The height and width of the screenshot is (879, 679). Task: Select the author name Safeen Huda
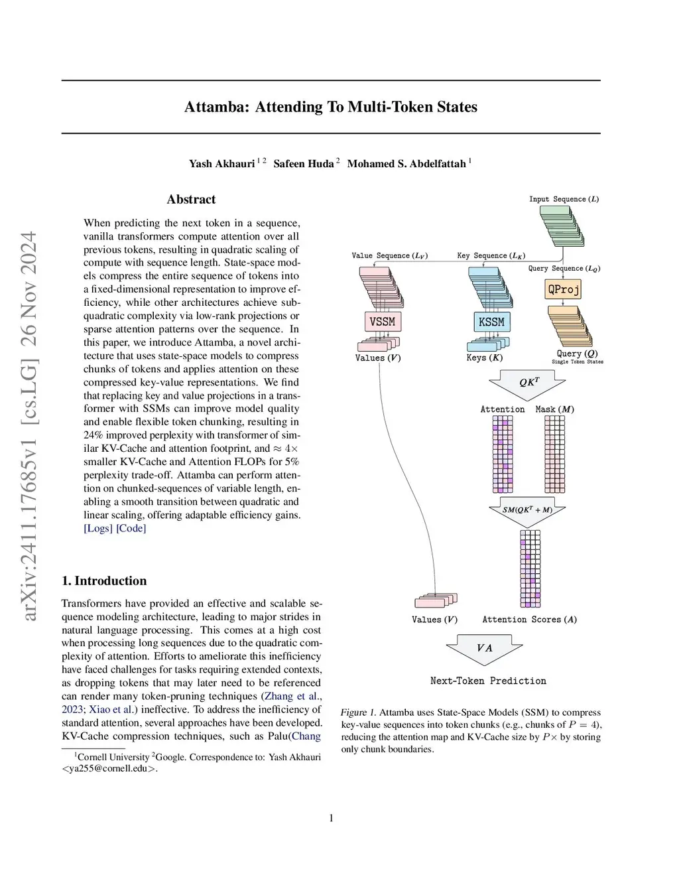[304, 163]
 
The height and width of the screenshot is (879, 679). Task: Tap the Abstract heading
[191, 199]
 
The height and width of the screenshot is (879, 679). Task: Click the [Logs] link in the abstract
[97, 528]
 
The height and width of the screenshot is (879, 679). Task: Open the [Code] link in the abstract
[131, 528]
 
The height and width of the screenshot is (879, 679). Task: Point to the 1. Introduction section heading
[104, 580]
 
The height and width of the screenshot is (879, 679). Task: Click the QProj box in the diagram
[563, 289]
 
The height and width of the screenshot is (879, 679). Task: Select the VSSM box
[382, 322]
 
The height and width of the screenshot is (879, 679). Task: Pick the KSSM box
[491, 322]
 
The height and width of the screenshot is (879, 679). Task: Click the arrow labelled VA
[485, 648]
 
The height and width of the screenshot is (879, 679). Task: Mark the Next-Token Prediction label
[488, 681]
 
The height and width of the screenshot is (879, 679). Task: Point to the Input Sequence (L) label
[564, 199]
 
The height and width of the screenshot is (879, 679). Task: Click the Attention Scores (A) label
[529, 620]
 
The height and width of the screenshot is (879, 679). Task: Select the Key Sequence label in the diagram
[491, 255]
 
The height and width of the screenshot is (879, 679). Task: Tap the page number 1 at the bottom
[332, 818]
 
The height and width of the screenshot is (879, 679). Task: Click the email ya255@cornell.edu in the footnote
[109, 769]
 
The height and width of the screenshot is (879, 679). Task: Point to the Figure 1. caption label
[358, 712]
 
